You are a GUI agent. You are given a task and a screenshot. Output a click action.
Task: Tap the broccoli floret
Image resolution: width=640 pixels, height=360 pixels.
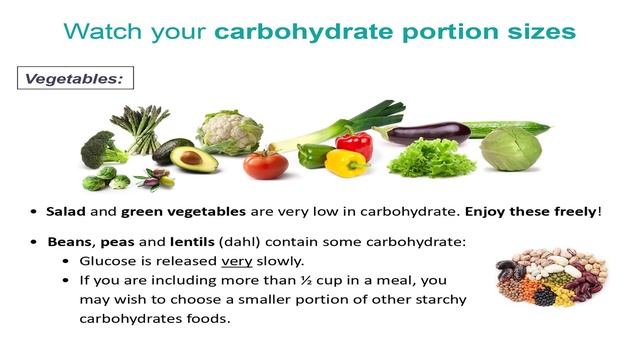[x=100, y=149]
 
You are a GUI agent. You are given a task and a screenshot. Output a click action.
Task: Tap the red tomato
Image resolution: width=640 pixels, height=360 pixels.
[x=266, y=163]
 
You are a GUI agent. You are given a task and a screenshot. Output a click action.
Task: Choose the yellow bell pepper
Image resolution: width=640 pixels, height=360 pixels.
[x=346, y=162]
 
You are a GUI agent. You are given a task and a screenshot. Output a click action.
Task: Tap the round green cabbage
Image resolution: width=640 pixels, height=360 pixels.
[x=510, y=149]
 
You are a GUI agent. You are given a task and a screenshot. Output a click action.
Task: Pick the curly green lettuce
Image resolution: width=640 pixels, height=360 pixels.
[x=431, y=158]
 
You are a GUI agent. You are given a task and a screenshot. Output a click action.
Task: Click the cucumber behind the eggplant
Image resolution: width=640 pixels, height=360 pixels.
[x=509, y=128]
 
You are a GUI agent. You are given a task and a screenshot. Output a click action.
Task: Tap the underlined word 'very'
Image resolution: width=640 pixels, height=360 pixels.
[x=236, y=260]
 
